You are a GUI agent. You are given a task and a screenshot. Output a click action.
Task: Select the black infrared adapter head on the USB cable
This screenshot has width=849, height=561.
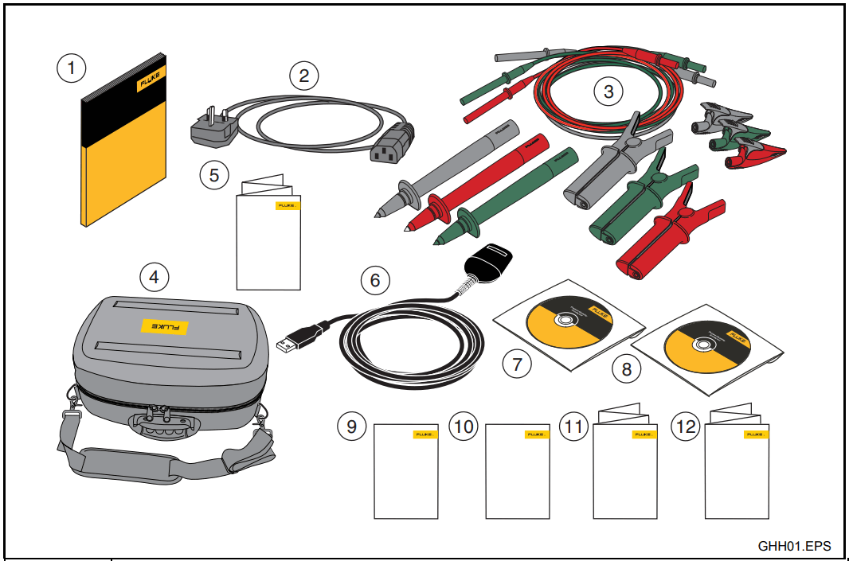pyautogui.click(x=487, y=261)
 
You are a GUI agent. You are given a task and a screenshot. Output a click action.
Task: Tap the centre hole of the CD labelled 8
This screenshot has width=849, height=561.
pyautogui.click(x=702, y=346)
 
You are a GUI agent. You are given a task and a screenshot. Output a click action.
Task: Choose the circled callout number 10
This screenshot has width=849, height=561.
pyautogui.click(x=463, y=427)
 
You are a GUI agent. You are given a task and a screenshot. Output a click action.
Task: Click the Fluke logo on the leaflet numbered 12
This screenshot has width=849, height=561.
pyautogui.click(x=754, y=434)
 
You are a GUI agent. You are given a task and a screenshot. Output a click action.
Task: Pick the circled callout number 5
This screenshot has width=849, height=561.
pyautogui.click(x=213, y=174)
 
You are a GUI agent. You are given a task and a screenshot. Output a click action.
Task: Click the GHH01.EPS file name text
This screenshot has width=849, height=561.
pyautogui.click(x=794, y=546)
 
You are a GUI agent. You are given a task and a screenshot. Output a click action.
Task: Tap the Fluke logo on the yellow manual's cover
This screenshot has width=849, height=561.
pyautogui.click(x=151, y=83)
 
